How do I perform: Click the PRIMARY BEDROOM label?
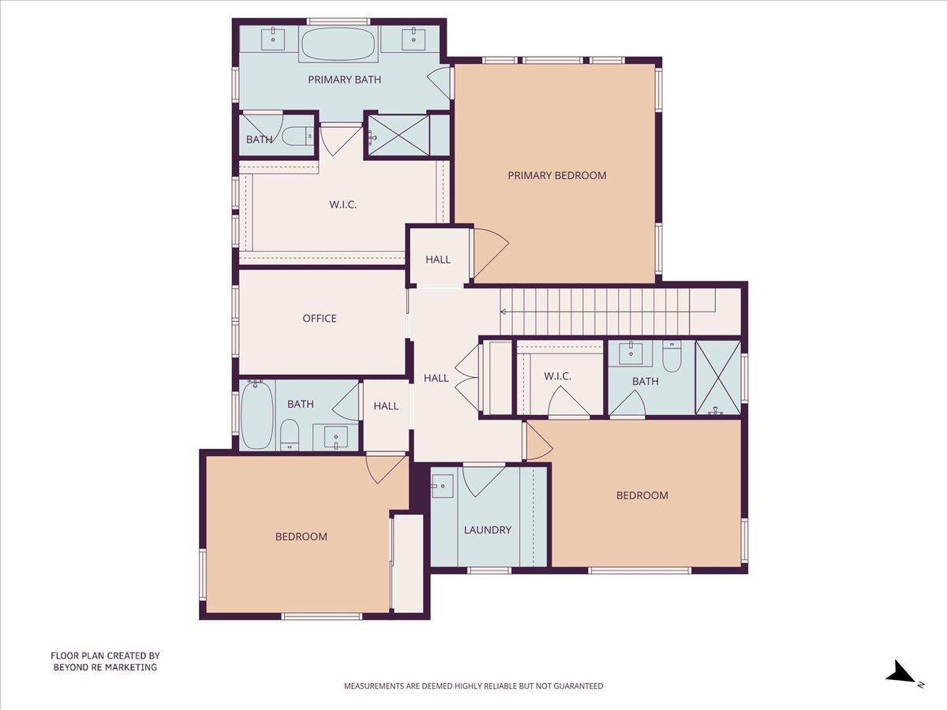pos(557,175)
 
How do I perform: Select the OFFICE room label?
pos(320,319)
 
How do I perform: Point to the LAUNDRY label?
pos(488,530)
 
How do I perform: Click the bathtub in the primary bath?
pos(339,44)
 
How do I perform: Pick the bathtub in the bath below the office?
pos(256,415)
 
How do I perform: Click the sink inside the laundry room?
pos(442,486)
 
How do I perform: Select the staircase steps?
pos(600,311)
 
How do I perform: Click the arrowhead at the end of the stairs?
pos(504,311)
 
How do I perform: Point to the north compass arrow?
pos(900,673)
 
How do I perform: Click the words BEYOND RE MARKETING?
pos(105,667)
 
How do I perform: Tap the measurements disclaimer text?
pos(473,686)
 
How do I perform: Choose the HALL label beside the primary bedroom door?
pos(438,260)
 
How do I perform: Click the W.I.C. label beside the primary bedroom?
pos(343,205)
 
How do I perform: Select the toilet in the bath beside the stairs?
pos(672,357)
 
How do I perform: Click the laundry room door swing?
pos(482,479)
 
